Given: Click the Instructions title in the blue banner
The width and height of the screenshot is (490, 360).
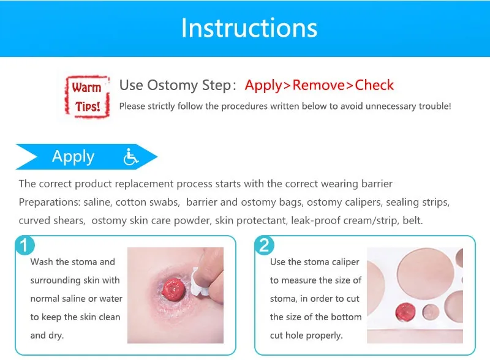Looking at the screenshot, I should pos(249,28).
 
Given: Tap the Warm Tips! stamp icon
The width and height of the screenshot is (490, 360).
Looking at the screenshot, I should pos(86,97).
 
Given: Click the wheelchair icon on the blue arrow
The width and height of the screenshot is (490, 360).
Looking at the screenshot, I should pos(131,157).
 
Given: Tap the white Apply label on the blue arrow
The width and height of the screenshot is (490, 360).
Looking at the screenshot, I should pos(73,157).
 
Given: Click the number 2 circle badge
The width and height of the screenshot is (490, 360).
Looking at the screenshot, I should pos(264,246).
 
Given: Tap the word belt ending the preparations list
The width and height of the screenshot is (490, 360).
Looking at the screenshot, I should pos(412,220).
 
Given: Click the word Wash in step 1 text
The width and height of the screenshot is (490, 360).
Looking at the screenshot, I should pos(42,261).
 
